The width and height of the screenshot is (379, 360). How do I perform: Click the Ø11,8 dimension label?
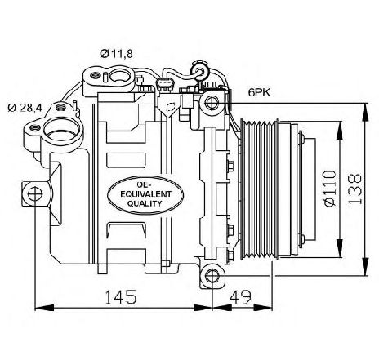coord(117,54)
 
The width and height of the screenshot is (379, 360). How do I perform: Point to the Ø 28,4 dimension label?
coord(25,108)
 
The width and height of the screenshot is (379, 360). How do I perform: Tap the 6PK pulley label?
coord(259,93)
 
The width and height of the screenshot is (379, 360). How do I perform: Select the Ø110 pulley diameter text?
coord(329,189)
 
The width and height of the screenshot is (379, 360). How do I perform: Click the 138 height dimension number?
coord(355,189)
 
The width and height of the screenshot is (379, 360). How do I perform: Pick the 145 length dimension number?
coord(120,296)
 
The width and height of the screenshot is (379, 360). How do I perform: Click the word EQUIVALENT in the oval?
coord(146,194)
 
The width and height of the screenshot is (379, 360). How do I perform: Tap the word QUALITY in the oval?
coord(145,203)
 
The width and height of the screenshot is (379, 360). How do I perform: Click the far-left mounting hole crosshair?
coord(35,193)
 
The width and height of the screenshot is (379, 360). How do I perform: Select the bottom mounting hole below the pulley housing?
coord(212,276)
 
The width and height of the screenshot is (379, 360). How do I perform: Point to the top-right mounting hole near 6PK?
coord(212,103)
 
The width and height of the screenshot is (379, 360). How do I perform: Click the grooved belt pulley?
coord(259,189)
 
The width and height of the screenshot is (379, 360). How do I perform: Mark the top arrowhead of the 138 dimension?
coord(365,112)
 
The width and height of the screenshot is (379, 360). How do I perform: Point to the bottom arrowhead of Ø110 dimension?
coord(340,247)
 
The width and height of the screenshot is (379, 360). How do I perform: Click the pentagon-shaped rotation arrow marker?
coord(170,107)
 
